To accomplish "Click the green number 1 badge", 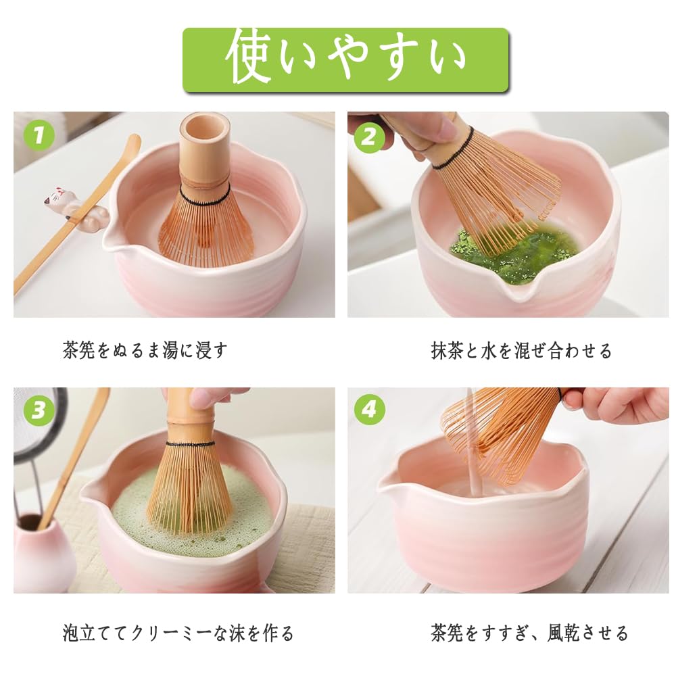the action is [39, 135].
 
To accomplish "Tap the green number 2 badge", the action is [368, 137].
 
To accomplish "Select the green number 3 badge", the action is [39, 410].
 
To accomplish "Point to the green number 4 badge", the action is [369, 408].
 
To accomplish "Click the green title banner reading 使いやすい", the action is [345, 59].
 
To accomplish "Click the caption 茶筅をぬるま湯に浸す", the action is [145, 350].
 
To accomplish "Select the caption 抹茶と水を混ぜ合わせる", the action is [521, 350].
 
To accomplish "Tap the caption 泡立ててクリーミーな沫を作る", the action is [178, 633].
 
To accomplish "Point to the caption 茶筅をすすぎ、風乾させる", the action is [529, 633].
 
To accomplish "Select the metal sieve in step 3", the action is [37, 425].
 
